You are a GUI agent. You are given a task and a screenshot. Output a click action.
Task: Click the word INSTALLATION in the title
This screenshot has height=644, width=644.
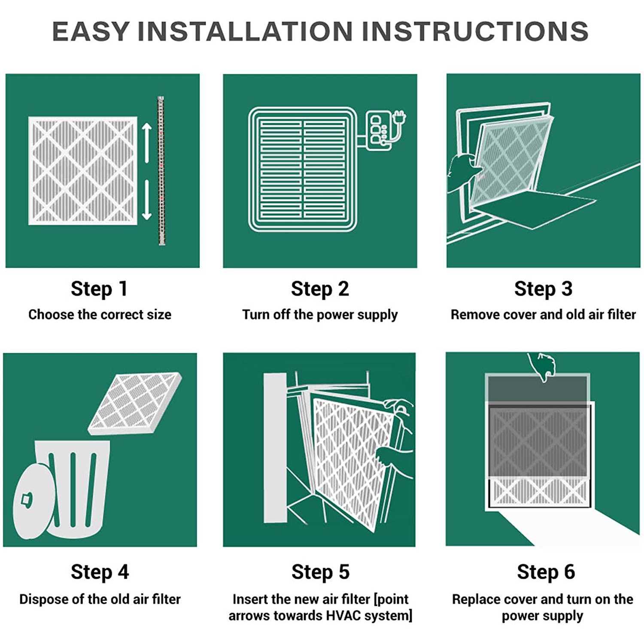click(x=244, y=31)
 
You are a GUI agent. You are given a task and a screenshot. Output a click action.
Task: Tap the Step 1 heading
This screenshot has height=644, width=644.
click(x=99, y=289)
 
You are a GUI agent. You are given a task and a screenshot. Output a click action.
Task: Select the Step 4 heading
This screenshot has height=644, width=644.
click(x=100, y=572)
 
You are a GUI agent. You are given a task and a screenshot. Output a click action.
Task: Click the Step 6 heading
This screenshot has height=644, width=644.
click(x=546, y=572)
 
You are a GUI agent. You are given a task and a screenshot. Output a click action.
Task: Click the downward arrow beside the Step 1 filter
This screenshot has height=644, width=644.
click(x=147, y=200)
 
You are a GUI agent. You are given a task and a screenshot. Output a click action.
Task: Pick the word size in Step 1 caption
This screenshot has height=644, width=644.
click(x=159, y=315)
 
